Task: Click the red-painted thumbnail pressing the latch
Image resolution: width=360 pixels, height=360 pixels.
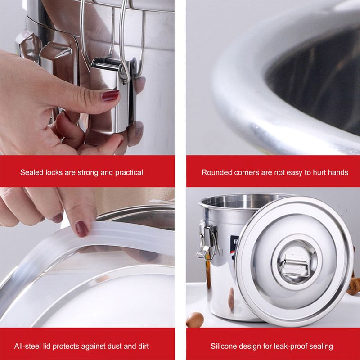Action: [110, 95]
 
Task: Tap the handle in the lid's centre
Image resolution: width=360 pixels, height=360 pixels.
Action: [295, 267]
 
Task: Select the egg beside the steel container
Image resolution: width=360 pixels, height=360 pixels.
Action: [195, 319]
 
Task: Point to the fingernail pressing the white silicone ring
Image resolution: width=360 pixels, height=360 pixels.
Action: [81, 229]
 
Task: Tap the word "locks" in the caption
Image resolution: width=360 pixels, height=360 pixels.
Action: [54, 172]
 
